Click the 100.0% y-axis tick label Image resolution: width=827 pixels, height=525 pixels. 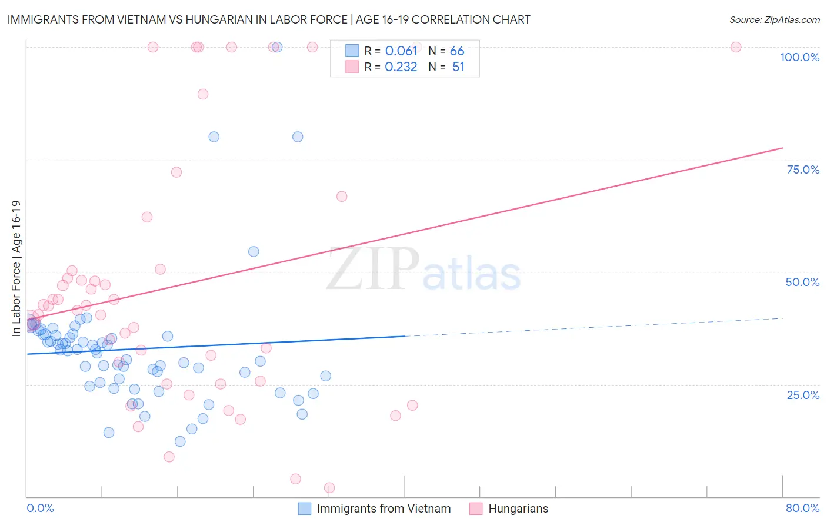click(799, 57)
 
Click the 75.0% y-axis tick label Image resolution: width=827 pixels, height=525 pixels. click(803, 170)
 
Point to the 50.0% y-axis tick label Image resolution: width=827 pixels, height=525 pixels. click(802, 282)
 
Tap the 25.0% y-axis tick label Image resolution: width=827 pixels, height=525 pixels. click(803, 395)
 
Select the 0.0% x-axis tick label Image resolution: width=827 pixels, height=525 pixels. click(40, 508)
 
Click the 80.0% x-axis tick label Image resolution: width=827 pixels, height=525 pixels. click(802, 508)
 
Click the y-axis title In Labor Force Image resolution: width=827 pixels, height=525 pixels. click(16, 268)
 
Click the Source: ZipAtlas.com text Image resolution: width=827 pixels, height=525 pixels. click(774, 20)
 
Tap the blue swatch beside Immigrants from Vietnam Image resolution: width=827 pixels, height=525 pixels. click(304, 509)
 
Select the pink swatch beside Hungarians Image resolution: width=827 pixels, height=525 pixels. click(476, 509)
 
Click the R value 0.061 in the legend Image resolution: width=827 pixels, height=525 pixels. click(401, 51)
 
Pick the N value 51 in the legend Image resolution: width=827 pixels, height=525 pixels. click(458, 67)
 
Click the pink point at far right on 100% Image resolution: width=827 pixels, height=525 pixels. click(735, 47)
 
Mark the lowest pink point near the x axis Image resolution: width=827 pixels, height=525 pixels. click(329, 488)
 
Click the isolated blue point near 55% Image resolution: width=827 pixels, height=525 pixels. click(254, 251)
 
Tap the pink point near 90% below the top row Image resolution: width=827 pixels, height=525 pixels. click(203, 94)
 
